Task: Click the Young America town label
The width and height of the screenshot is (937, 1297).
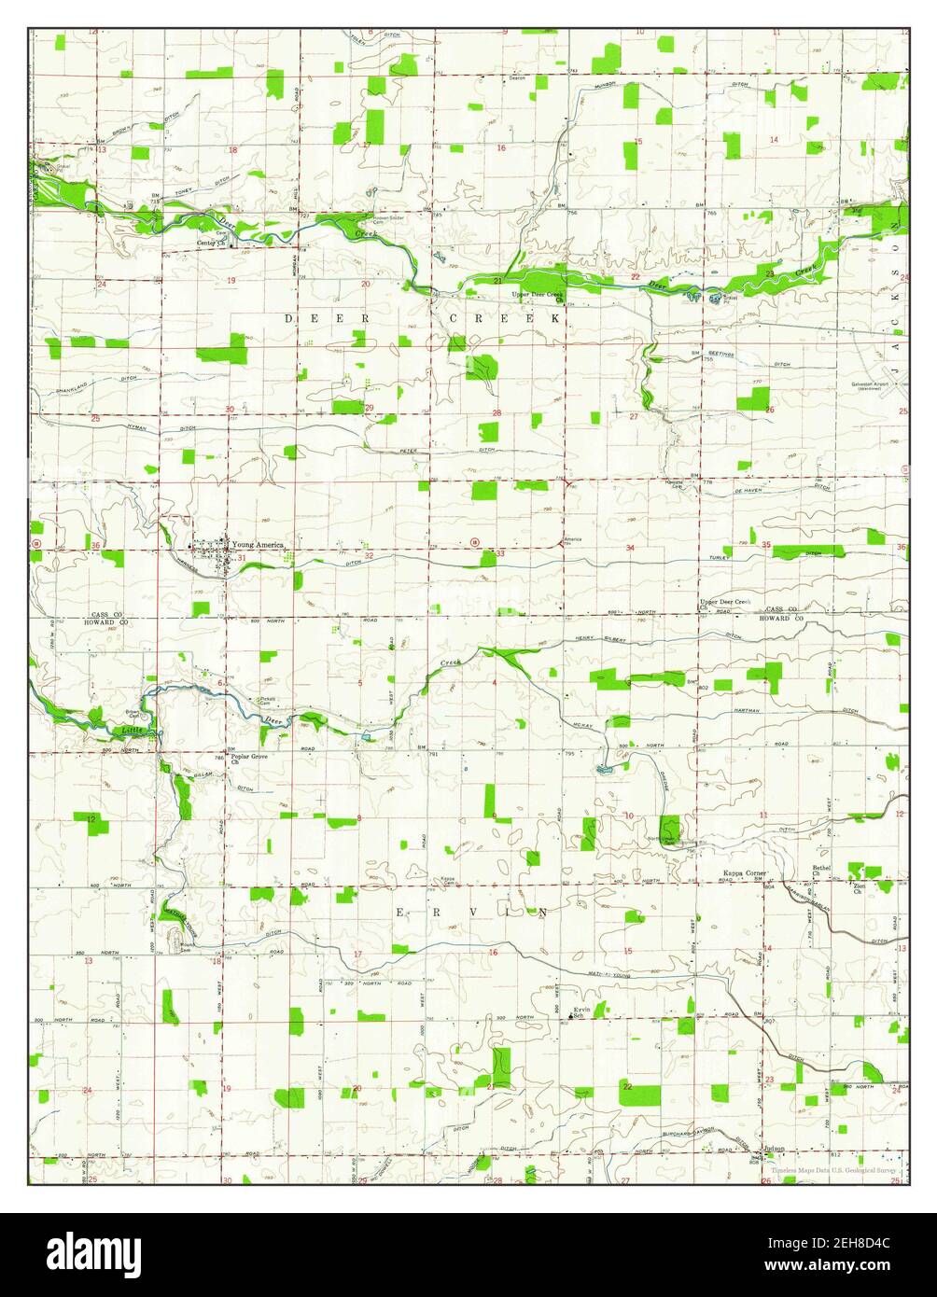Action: coord(259,544)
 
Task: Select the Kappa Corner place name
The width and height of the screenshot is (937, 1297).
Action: coord(745,873)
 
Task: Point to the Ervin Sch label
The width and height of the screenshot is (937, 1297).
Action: coord(582,1012)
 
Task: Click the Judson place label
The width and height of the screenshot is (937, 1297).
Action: coord(773,1149)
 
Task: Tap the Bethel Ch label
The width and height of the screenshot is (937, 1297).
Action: coord(821,872)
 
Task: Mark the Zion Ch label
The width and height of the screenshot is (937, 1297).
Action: coord(858,888)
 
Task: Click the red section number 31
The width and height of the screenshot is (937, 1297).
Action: coord(241,558)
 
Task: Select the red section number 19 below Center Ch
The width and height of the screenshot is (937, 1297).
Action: coord(230,280)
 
